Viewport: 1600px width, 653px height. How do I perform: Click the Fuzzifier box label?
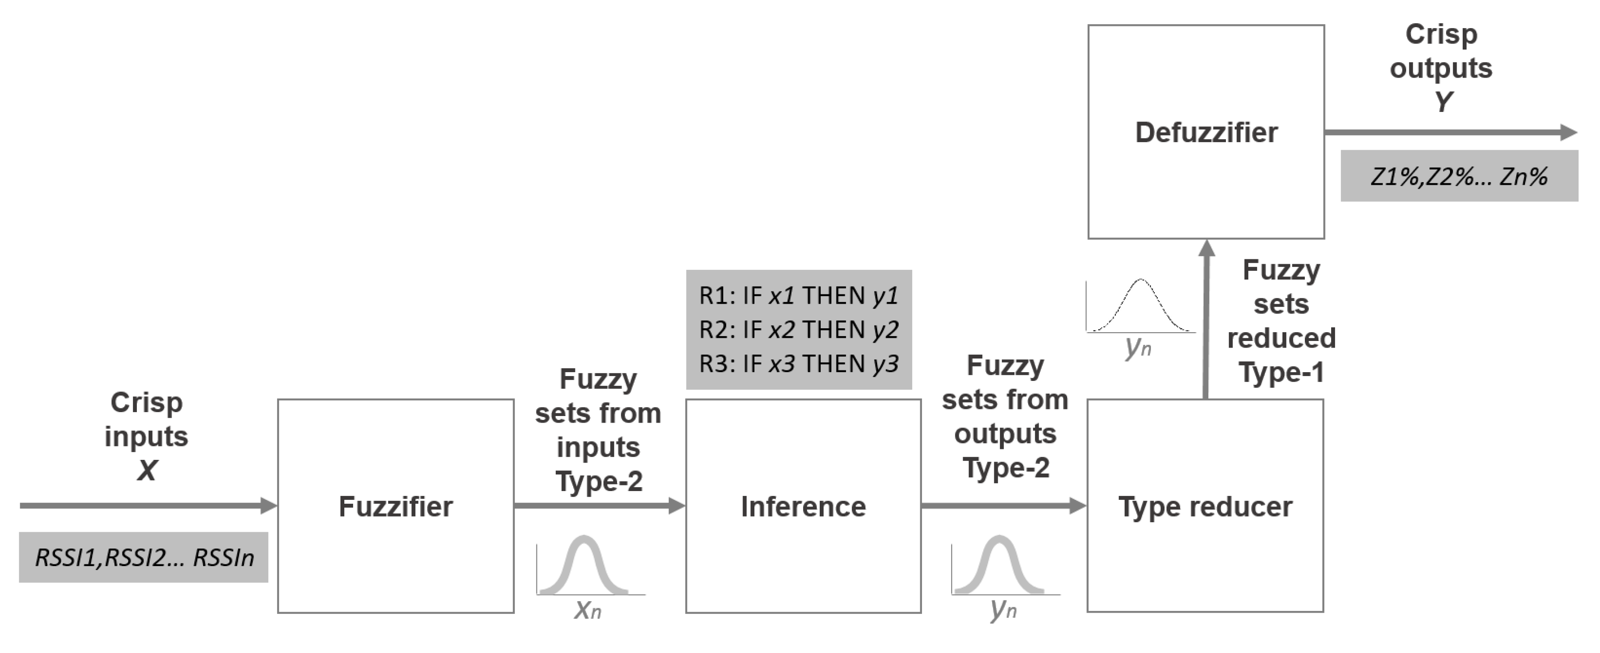coord(396,507)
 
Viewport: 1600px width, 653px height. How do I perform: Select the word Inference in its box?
coord(803,507)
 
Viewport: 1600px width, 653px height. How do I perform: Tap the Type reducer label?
coord(1205,507)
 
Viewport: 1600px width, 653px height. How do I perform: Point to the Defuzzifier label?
coord(1206,133)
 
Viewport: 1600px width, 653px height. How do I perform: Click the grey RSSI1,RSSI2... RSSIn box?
coord(143,557)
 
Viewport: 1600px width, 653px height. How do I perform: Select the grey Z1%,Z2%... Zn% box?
coord(1459,176)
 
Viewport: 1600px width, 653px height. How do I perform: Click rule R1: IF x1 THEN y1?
coord(799,296)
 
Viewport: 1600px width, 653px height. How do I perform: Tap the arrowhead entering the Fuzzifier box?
coord(268,506)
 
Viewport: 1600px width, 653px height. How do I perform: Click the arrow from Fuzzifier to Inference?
coord(596,506)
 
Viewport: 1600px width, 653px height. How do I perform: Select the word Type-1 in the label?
coord(1281,373)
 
